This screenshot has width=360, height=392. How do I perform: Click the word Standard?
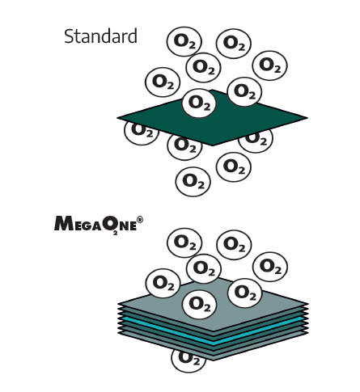click(x=100, y=36)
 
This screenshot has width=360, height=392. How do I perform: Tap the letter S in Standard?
click(x=69, y=36)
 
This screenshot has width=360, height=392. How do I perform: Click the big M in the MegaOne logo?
click(x=64, y=223)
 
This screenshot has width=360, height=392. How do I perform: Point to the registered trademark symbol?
click(x=140, y=220)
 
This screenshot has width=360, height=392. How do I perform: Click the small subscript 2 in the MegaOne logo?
click(x=115, y=234)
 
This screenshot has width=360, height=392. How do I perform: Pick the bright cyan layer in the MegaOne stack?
click(x=213, y=331)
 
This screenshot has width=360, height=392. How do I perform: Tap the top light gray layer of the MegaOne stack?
click(x=213, y=305)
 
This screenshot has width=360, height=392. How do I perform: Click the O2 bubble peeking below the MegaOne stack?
click(x=188, y=361)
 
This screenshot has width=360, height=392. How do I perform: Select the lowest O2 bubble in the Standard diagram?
click(x=193, y=182)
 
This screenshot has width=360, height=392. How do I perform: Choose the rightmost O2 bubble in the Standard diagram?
click(x=269, y=65)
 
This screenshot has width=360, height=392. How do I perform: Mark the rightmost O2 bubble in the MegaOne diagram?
click(x=270, y=267)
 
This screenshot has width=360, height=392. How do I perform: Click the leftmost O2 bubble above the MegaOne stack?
click(x=163, y=283)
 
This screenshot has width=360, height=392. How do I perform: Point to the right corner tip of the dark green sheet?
click(x=307, y=118)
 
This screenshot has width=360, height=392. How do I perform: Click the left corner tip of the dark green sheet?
click(x=117, y=117)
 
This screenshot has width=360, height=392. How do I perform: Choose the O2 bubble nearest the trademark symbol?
click(x=184, y=242)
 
